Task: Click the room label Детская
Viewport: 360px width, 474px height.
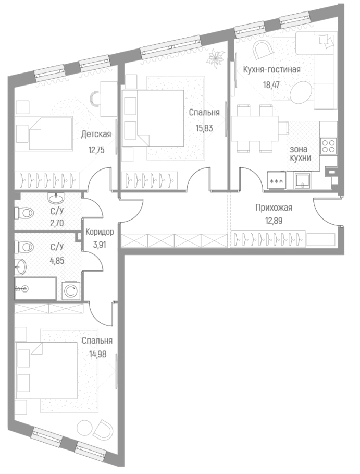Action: pos(96,135)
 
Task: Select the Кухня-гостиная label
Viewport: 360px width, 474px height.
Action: pos(272,69)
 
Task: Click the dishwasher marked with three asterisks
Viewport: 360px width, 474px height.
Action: pos(276,181)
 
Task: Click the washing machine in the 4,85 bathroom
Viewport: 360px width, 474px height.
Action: pos(70,291)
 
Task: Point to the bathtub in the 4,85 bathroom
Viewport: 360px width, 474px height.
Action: pos(35,288)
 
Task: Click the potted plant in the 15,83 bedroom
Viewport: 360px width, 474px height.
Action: pos(214,58)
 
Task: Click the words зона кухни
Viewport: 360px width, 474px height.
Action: pos(301,153)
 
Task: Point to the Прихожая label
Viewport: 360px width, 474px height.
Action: pos(274,208)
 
